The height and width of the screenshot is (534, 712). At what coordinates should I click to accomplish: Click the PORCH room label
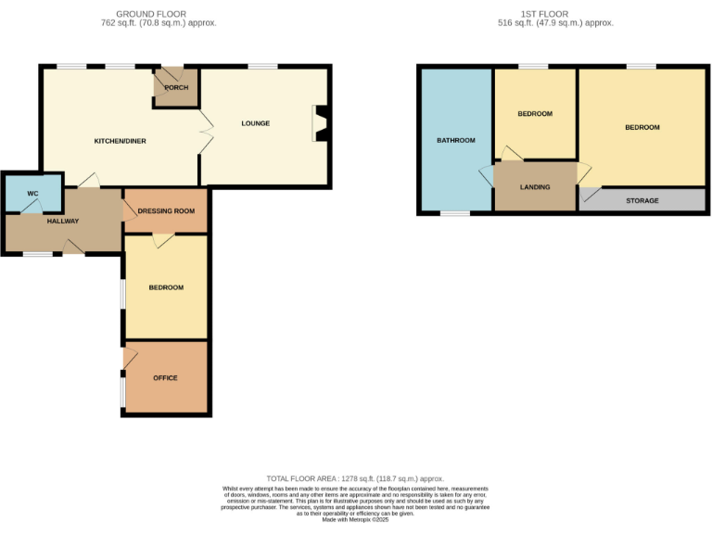click(176, 88)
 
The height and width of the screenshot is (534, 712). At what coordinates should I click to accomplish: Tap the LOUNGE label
click(256, 123)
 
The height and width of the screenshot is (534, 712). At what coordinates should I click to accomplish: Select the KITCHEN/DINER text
click(121, 141)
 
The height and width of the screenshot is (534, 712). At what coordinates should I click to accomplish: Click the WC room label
click(32, 194)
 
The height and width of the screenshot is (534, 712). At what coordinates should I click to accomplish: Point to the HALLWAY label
click(63, 221)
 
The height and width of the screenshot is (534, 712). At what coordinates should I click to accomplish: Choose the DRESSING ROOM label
click(166, 211)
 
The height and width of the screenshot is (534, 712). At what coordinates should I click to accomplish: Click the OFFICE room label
click(165, 378)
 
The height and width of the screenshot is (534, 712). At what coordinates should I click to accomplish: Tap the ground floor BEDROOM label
click(166, 287)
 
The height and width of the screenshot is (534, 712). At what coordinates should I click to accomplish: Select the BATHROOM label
click(456, 141)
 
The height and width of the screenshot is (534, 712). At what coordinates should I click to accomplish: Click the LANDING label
click(535, 187)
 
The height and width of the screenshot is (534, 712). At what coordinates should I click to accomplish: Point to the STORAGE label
click(642, 201)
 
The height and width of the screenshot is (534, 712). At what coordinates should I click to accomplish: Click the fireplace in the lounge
click(320, 123)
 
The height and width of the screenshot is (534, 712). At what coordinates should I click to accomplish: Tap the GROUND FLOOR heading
click(151, 15)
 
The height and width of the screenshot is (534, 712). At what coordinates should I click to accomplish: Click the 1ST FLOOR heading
click(554, 15)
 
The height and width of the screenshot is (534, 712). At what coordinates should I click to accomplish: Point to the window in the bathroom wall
click(454, 214)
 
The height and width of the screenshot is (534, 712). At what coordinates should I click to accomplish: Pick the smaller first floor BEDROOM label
click(535, 114)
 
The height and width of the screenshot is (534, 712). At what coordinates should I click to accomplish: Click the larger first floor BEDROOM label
click(642, 127)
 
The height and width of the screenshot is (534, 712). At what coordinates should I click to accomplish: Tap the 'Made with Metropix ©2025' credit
click(356, 520)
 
